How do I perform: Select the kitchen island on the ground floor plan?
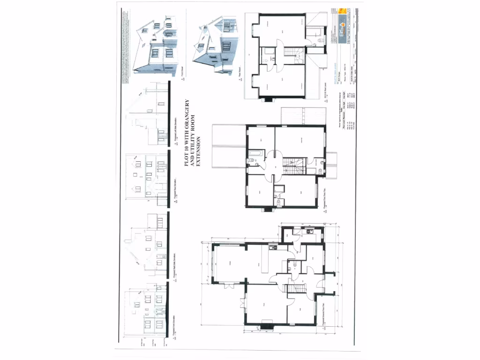[x=265, y=262]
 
